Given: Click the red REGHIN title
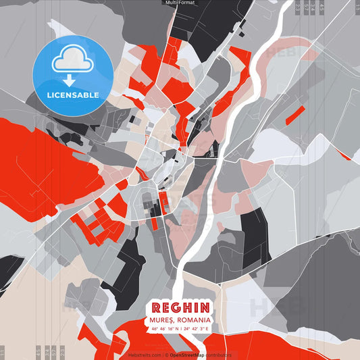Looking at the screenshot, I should [x=179, y=306].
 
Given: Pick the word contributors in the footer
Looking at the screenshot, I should [x=219, y=355].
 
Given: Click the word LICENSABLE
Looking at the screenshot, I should [x=72, y=95].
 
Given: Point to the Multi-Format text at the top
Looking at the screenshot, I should [x=180, y=3].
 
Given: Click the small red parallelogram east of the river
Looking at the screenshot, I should [x=295, y=115].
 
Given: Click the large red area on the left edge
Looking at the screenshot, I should [x=41, y=162].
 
